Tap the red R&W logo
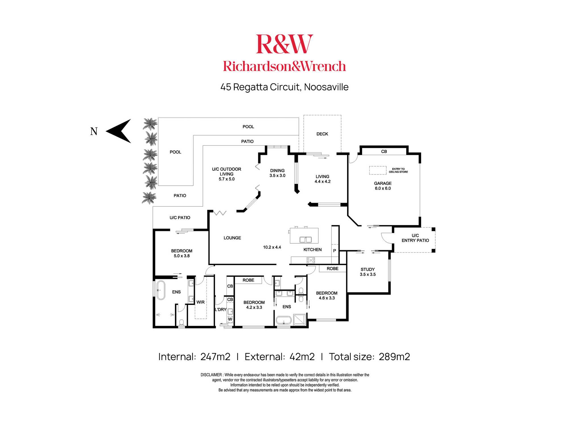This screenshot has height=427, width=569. [x=284, y=44]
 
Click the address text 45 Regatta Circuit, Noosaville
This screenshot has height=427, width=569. [x=284, y=87]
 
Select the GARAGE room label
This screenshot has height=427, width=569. [x=383, y=183]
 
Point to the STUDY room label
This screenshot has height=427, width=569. [x=368, y=269]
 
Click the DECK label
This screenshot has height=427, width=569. [x=322, y=134]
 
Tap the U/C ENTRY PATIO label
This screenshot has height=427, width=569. [x=415, y=238]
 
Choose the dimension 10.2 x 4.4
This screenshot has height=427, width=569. [x=272, y=247]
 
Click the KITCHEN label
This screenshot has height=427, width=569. [x=312, y=250]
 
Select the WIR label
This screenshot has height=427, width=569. [x=200, y=302]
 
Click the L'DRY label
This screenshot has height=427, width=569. [x=220, y=309]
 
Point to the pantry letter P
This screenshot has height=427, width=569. [x=335, y=251]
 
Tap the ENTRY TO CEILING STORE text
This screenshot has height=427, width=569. [x=398, y=170]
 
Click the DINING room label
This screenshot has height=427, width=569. [x=277, y=171]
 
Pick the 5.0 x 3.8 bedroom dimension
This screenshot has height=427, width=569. [x=182, y=256]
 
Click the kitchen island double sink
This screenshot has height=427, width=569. [x=306, y=240]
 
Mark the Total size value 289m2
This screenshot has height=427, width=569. [x=394, y=357]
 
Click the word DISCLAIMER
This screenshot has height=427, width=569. [x=211, y=375]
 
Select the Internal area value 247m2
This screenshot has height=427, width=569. [x=215, y=357]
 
